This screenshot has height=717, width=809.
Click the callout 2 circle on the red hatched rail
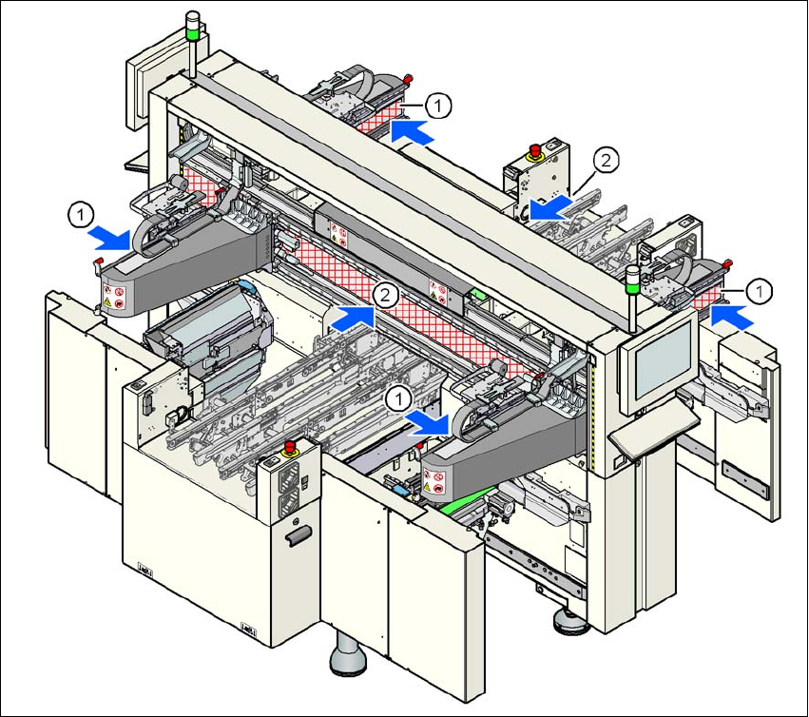pos(384,294)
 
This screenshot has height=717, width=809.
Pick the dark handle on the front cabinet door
pos(298,540)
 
